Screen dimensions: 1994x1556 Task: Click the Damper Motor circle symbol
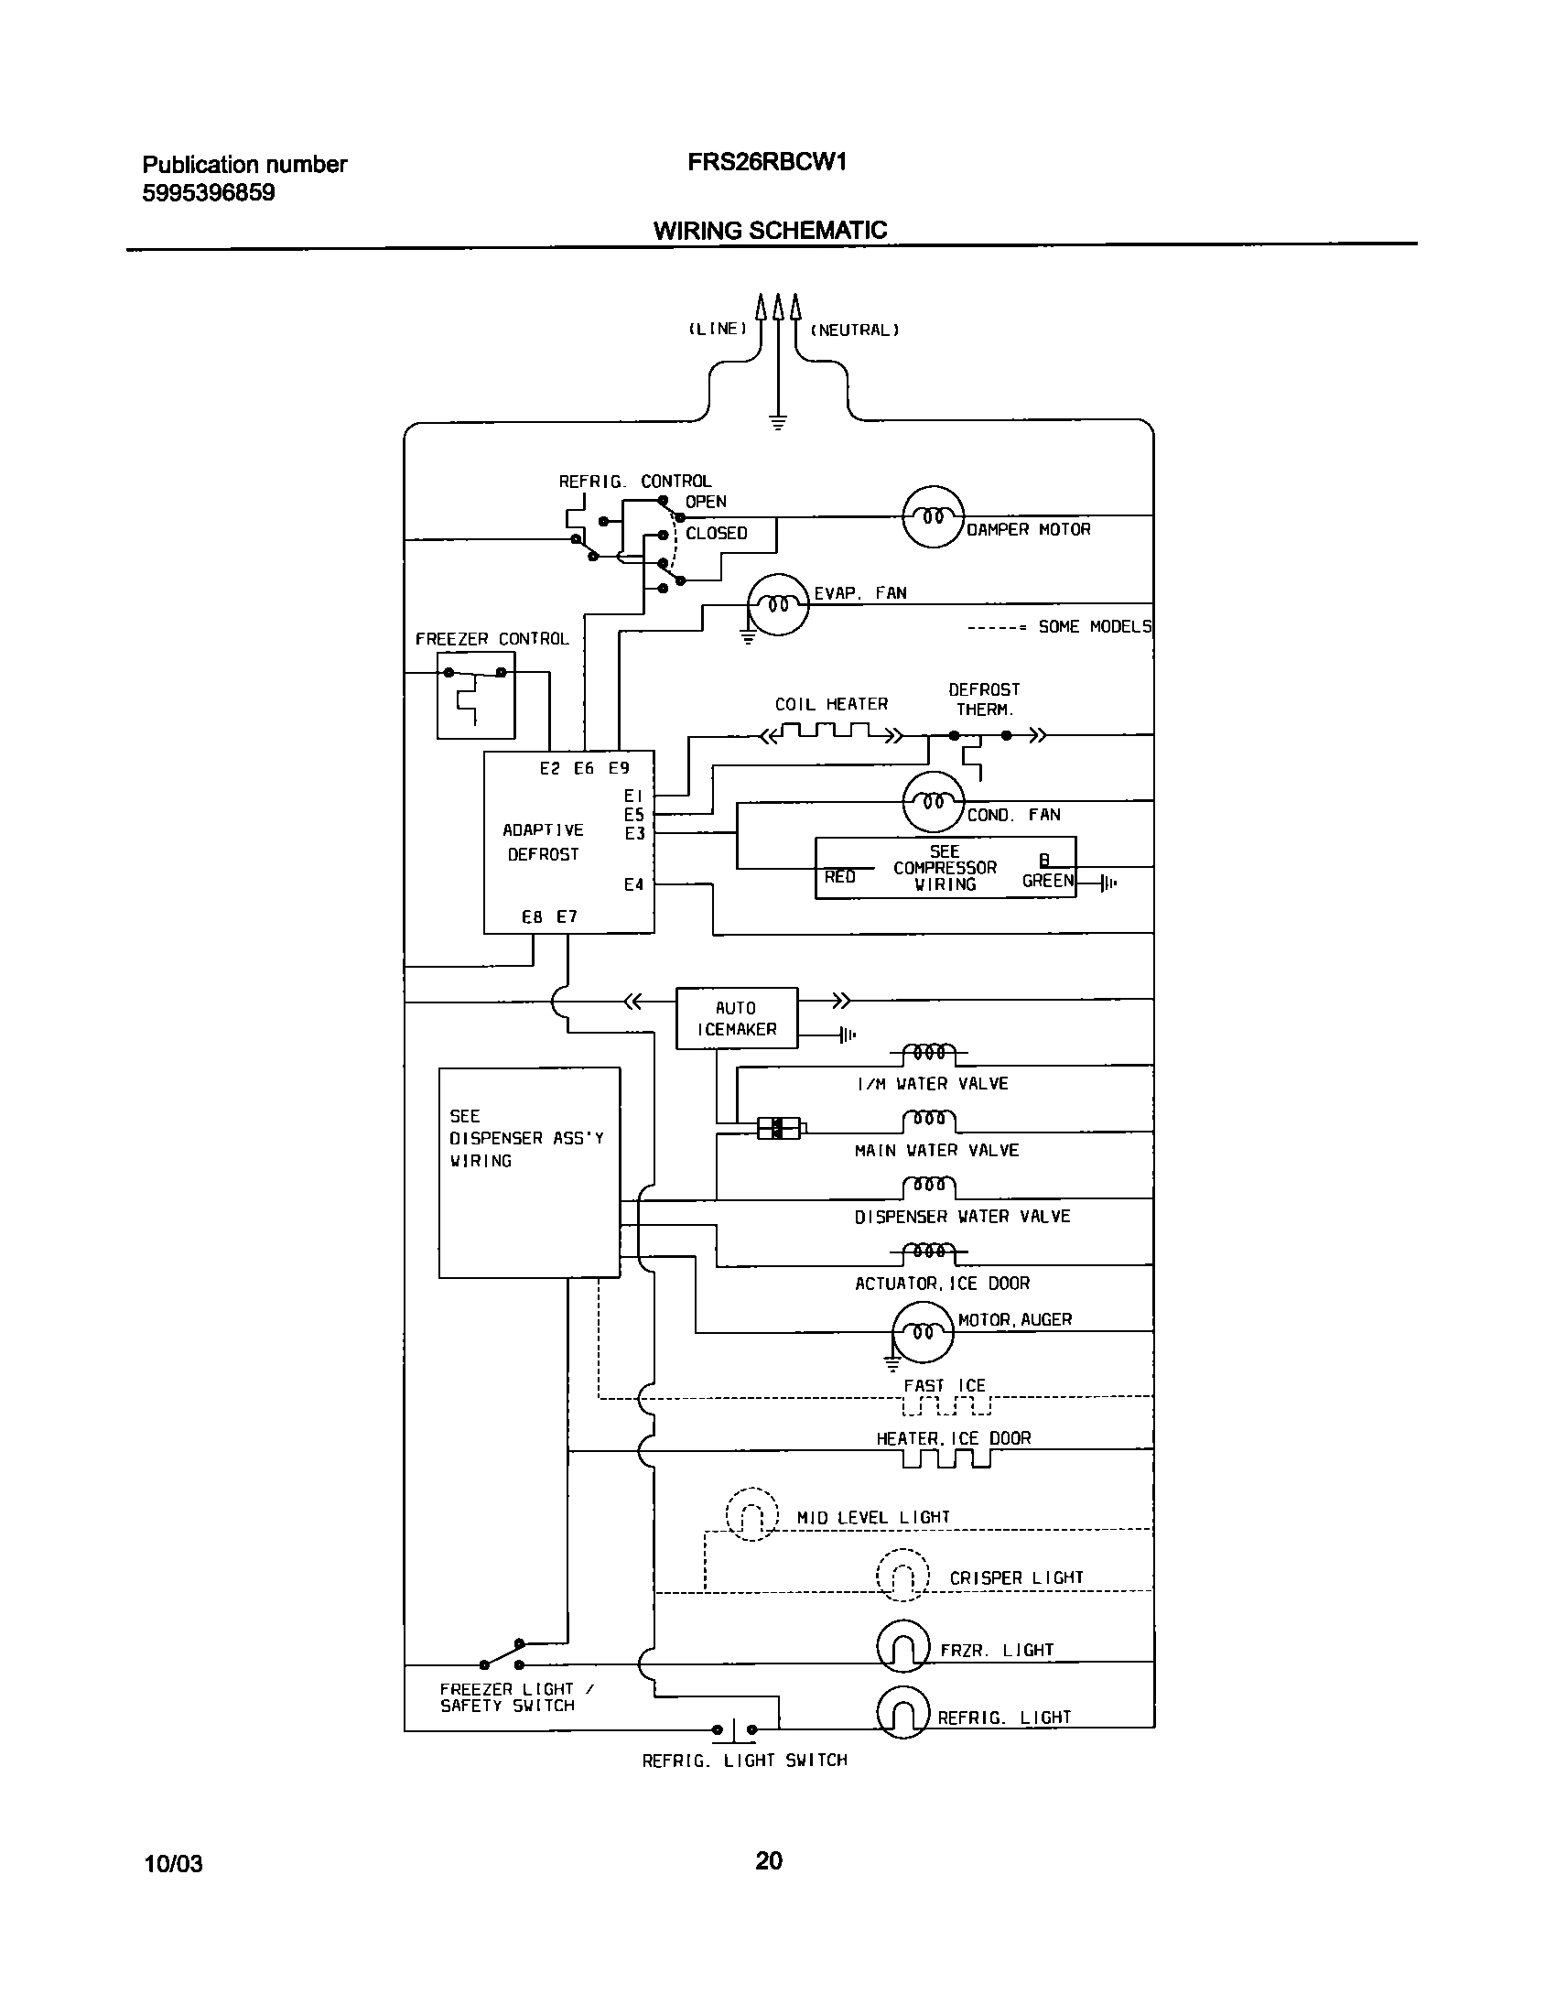coord(933,517)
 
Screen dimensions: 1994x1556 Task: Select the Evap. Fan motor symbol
coord(778,604)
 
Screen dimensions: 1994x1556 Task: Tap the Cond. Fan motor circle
coord(933,802)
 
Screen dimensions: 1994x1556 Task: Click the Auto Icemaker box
coord(737,1018)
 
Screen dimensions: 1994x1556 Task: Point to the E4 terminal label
coord(633,884)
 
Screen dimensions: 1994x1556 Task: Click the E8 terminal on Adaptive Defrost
coord(532,916)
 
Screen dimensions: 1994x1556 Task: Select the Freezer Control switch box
coord(476,695)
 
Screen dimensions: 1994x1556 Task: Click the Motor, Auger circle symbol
coord(923,1332)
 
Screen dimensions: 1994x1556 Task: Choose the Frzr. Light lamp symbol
coord(903,1649)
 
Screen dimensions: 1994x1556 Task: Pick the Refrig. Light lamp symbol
coord(903,1711)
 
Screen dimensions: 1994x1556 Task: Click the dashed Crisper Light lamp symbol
coord(902,1574)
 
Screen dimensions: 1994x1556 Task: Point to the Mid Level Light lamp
coord(751,1514)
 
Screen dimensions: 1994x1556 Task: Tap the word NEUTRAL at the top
coord(855,330)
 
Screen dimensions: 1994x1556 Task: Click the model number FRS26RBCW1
coord(767,162)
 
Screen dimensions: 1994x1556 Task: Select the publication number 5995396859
coord(209,193)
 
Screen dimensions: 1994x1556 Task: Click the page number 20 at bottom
coord(769,1859)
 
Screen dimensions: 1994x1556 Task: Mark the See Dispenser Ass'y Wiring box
coord(529,1172)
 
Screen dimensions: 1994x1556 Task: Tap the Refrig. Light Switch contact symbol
coord(734,1729)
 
